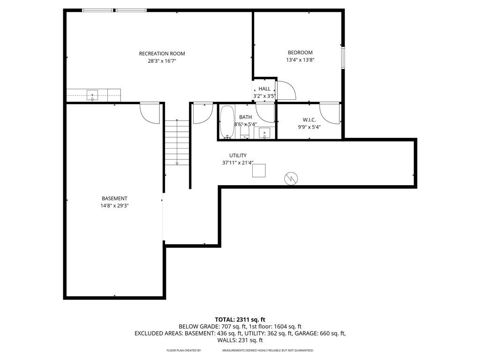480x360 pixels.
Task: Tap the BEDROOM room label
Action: click(x=300, y=53)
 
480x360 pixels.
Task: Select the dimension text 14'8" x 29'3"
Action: click(x=114, y=206)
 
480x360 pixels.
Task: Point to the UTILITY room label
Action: click(x=238, y=156)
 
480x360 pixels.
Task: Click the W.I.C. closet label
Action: click(x=309, y=120)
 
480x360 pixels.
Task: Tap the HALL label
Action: click(x=264, y=89)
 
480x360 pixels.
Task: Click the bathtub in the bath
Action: click(x=227, y=122)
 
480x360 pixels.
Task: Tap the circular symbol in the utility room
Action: click(x=291, y=178)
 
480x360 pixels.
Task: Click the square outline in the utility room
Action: click(x=259, y=170)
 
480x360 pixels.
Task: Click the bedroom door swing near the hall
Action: click(x=285, y=90)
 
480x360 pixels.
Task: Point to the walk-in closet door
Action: click(x=330, y=113)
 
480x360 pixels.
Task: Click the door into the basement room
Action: click(x=150, y=113)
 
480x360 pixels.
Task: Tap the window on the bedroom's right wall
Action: click(x=343, y=57)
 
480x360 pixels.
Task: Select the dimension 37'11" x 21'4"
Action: click(x=238, y=163)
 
